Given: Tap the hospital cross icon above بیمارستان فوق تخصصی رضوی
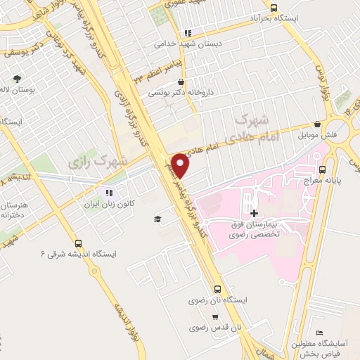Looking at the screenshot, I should pos(254,212).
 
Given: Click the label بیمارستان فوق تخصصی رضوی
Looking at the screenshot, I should pos(254,229).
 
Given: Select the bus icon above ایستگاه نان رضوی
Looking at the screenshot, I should pos(218,289).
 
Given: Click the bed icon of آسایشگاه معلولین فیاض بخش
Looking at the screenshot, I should pos(320,333).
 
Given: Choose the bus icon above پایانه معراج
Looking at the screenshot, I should pos(323,169).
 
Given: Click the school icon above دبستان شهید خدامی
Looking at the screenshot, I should pos(187,33).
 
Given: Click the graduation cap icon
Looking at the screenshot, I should pos(158,219).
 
